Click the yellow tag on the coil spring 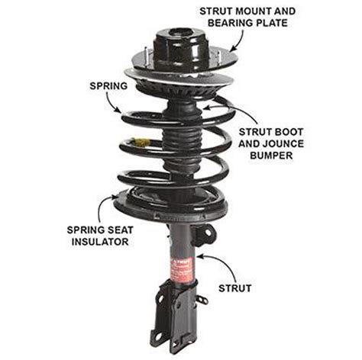click(140, 143)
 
